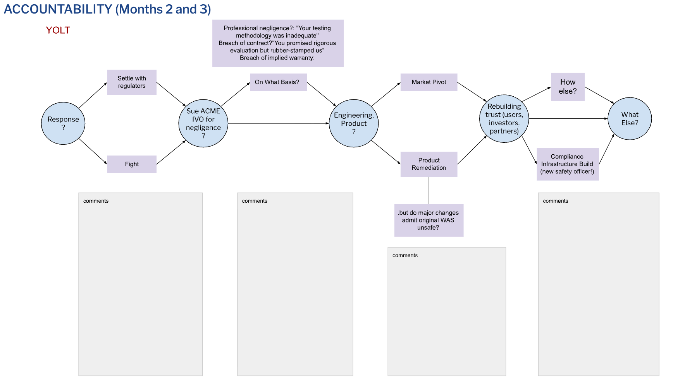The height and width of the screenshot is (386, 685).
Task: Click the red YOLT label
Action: (58, 30)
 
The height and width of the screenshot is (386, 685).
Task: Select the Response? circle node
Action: (63, 123)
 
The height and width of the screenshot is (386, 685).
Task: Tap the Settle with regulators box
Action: (132, 82)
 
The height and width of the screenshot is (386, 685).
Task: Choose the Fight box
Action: (132, 164)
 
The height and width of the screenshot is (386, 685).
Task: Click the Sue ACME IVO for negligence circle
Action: (203, 123)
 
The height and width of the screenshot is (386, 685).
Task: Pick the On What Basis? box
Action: (278, 82)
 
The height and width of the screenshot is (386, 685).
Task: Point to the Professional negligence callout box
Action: (278, 43)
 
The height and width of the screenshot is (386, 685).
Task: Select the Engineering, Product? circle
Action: (353, 123)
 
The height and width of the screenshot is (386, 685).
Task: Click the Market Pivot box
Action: (429, 82)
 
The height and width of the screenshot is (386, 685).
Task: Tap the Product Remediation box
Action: (429, 164)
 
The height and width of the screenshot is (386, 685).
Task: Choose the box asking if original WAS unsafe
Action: (429, 220)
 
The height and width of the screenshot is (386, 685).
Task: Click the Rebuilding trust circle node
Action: (504, 119)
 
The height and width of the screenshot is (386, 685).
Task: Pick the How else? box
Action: (568, 87)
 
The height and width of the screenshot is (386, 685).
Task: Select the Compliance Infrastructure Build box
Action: (567, 164)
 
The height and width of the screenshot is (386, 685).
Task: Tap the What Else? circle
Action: (630, 119)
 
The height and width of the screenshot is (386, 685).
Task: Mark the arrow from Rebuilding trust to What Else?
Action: (568, 119)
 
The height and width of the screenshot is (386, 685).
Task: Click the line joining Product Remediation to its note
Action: (429, 190)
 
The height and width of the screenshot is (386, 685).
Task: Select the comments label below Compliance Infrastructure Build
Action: (555, 201)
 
